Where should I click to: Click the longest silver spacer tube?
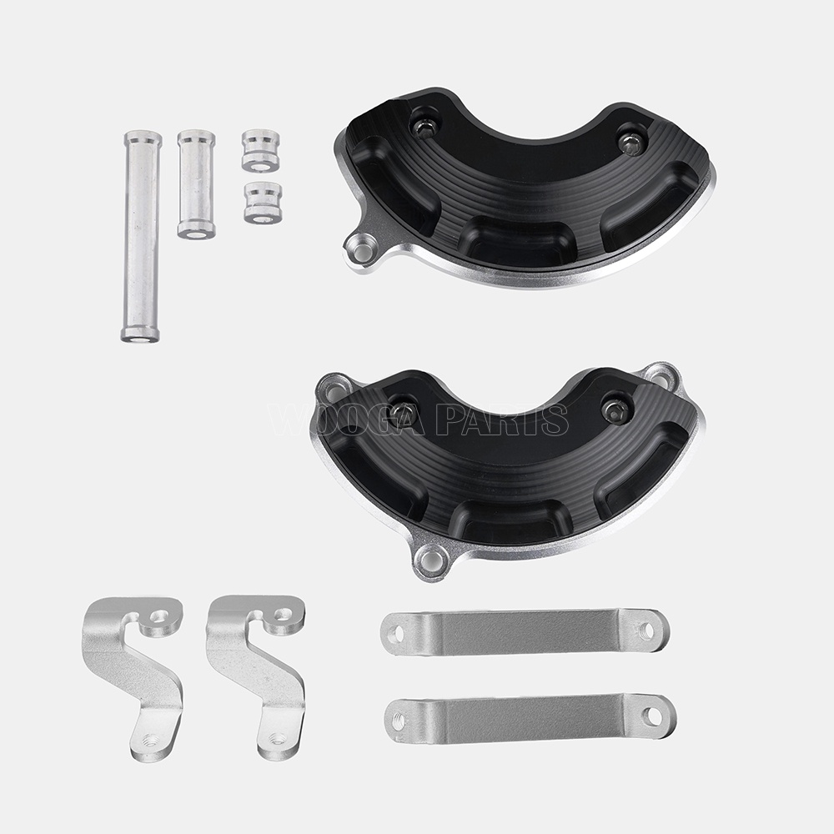tap(140, 236)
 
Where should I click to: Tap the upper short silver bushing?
tap(260, 150)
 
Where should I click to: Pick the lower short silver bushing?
tap(263, 202)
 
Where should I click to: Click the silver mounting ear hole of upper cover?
tap(359, 249)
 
